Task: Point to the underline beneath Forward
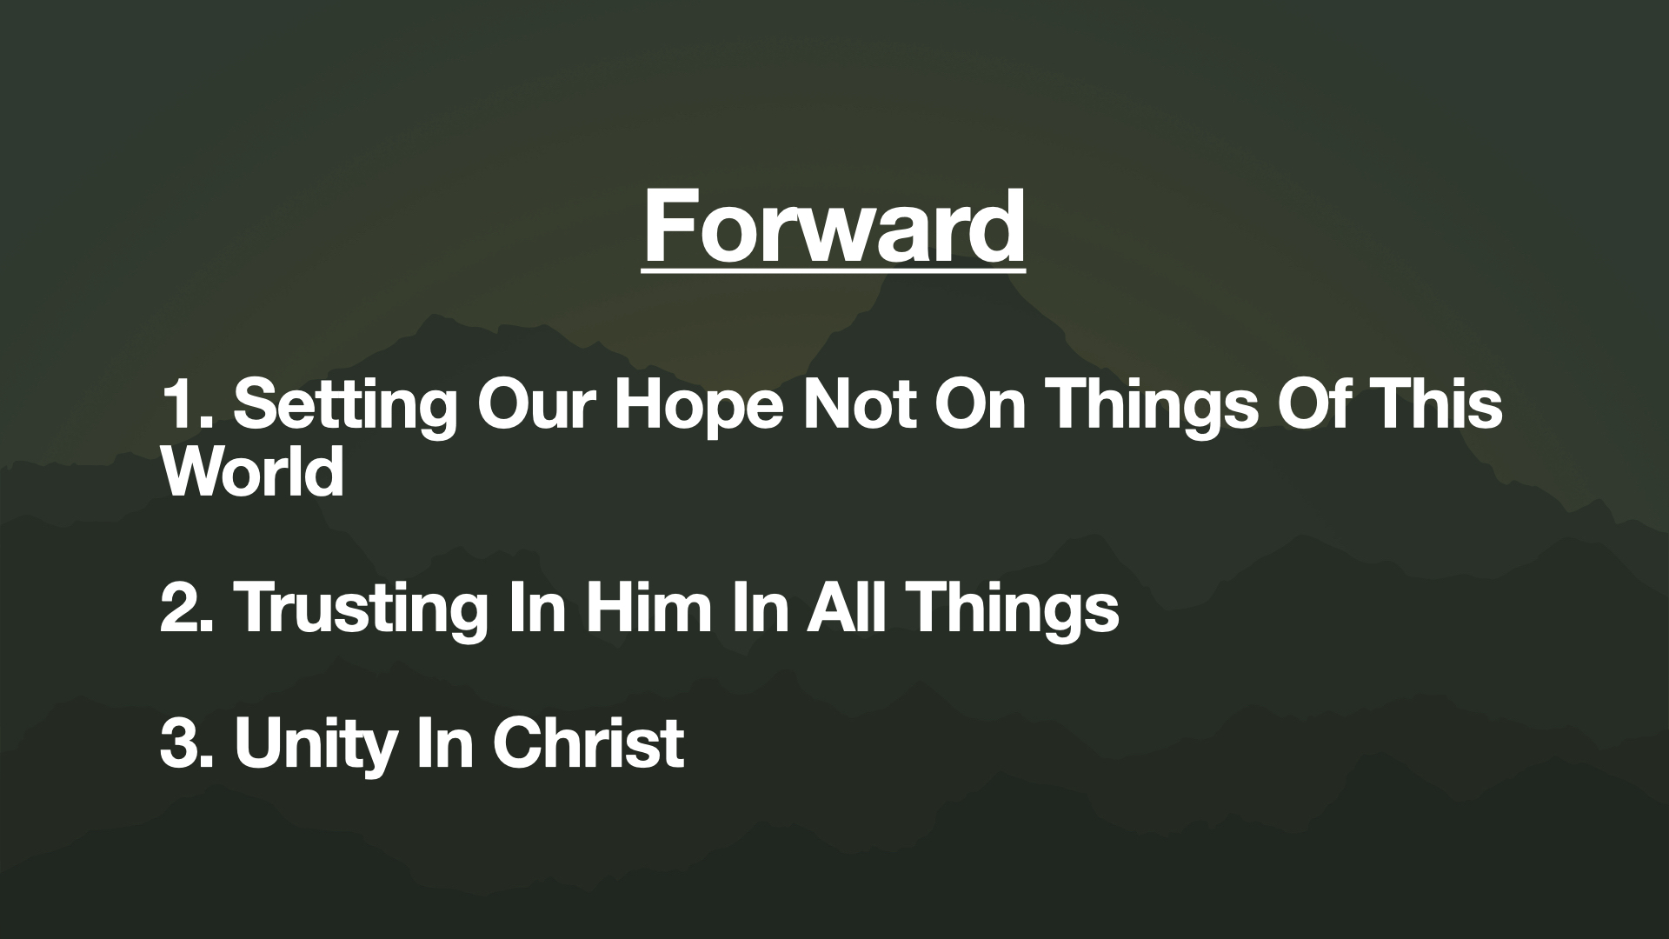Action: (x=834, y=272)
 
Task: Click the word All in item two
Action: (x=848, y=607)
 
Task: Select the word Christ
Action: (x=588, y=743)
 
